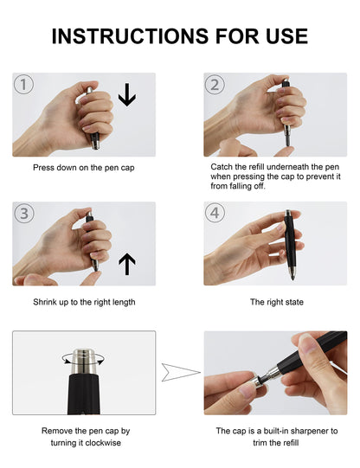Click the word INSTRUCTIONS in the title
click(130, 35)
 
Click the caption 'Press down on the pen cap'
click(84, 167)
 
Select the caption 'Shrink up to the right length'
click(84, 302)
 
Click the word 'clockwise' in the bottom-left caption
click(100, 442)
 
